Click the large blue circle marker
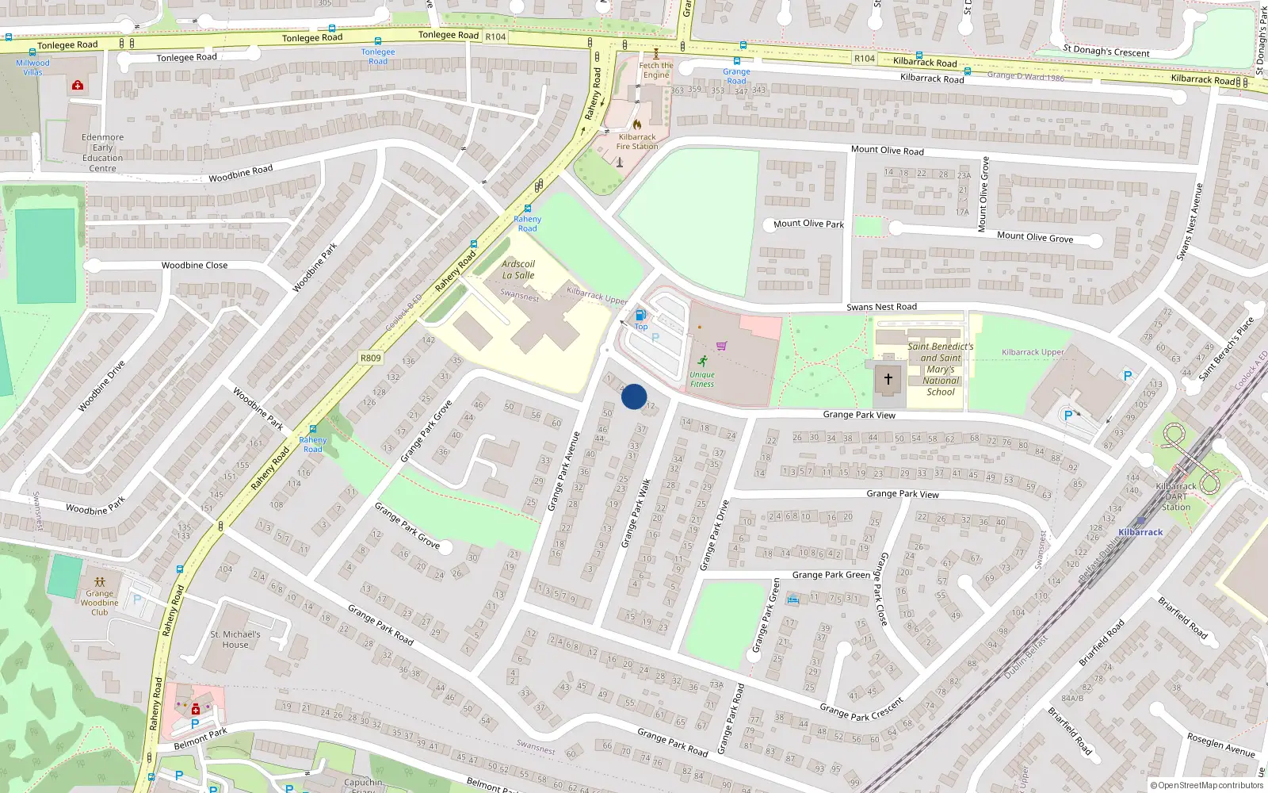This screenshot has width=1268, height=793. click(634, 396)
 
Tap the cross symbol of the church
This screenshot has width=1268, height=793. click(888, 379)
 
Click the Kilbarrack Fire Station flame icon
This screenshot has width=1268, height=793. click(637, 125)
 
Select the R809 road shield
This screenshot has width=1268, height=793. click(371, 358)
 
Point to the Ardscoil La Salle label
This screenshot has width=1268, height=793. click(518, 270)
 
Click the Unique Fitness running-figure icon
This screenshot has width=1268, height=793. click(702, 361)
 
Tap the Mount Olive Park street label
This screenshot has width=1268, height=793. click(808, 224)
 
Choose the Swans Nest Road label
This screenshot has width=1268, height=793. click(881, 307)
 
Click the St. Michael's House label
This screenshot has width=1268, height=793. click(235, 639)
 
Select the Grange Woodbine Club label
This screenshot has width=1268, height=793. click(100, 603)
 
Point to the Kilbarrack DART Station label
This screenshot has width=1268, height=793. click(1176, 496)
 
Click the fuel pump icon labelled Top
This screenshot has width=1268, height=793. click(640, 316)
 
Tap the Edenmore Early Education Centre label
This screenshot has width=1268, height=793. click(103, 152)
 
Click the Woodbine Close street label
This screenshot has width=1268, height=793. click(194, 266)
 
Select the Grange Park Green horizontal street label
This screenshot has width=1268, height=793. click(831, 575)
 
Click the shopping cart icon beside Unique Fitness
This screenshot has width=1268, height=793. click(721, 346)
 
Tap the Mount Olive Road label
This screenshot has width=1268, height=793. click(887, 150)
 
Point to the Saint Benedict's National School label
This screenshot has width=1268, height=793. click(941, 369)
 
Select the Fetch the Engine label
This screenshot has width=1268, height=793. click(656, 71)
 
